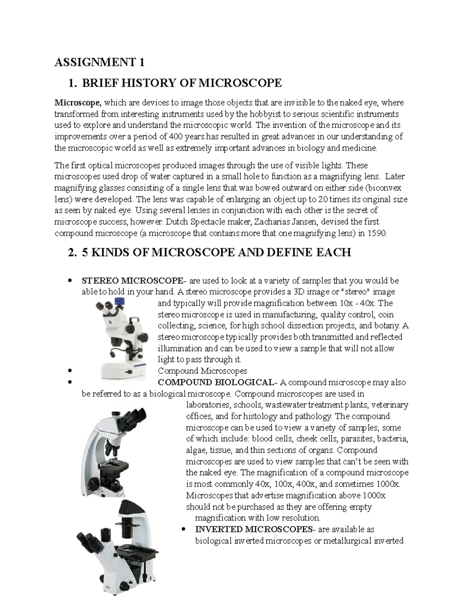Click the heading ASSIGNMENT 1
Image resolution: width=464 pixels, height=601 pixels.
[x=99, y=62]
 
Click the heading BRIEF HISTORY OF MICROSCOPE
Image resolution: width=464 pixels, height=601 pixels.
[x=182, y=83]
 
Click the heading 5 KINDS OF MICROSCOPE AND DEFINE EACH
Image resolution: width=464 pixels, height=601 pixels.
[x=216, y=253]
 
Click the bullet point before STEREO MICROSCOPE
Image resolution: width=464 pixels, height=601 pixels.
[x=70, y=281]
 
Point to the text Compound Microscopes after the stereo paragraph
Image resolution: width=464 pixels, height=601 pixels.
[x=202, y=371]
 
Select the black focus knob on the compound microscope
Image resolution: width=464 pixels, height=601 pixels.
[x=94, y=484]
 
